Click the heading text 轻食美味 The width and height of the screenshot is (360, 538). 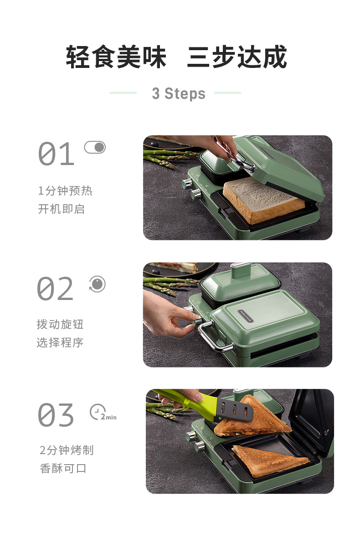(116, 57)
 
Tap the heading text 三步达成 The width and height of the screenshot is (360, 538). (237, 57)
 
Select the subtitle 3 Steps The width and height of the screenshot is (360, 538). (179, 93)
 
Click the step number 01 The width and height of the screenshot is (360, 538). (56, 154)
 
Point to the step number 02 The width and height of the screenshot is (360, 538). (55, 289)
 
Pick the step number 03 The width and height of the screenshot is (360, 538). (56, 415)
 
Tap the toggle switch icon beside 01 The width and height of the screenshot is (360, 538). (95, 148)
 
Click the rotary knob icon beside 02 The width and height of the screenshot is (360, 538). (97, 284)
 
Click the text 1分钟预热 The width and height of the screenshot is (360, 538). (65, 191)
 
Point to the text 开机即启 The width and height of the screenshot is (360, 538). (62, 209)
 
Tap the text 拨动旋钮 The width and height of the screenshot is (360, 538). (60, 324)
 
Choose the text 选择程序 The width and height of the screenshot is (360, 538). (60, 342)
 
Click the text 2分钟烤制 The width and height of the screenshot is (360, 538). (67, 450)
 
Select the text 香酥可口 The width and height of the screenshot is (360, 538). (63, 468)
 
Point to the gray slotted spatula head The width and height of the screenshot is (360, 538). (235, 410)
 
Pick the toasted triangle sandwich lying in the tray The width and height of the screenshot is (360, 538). (270, 460)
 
